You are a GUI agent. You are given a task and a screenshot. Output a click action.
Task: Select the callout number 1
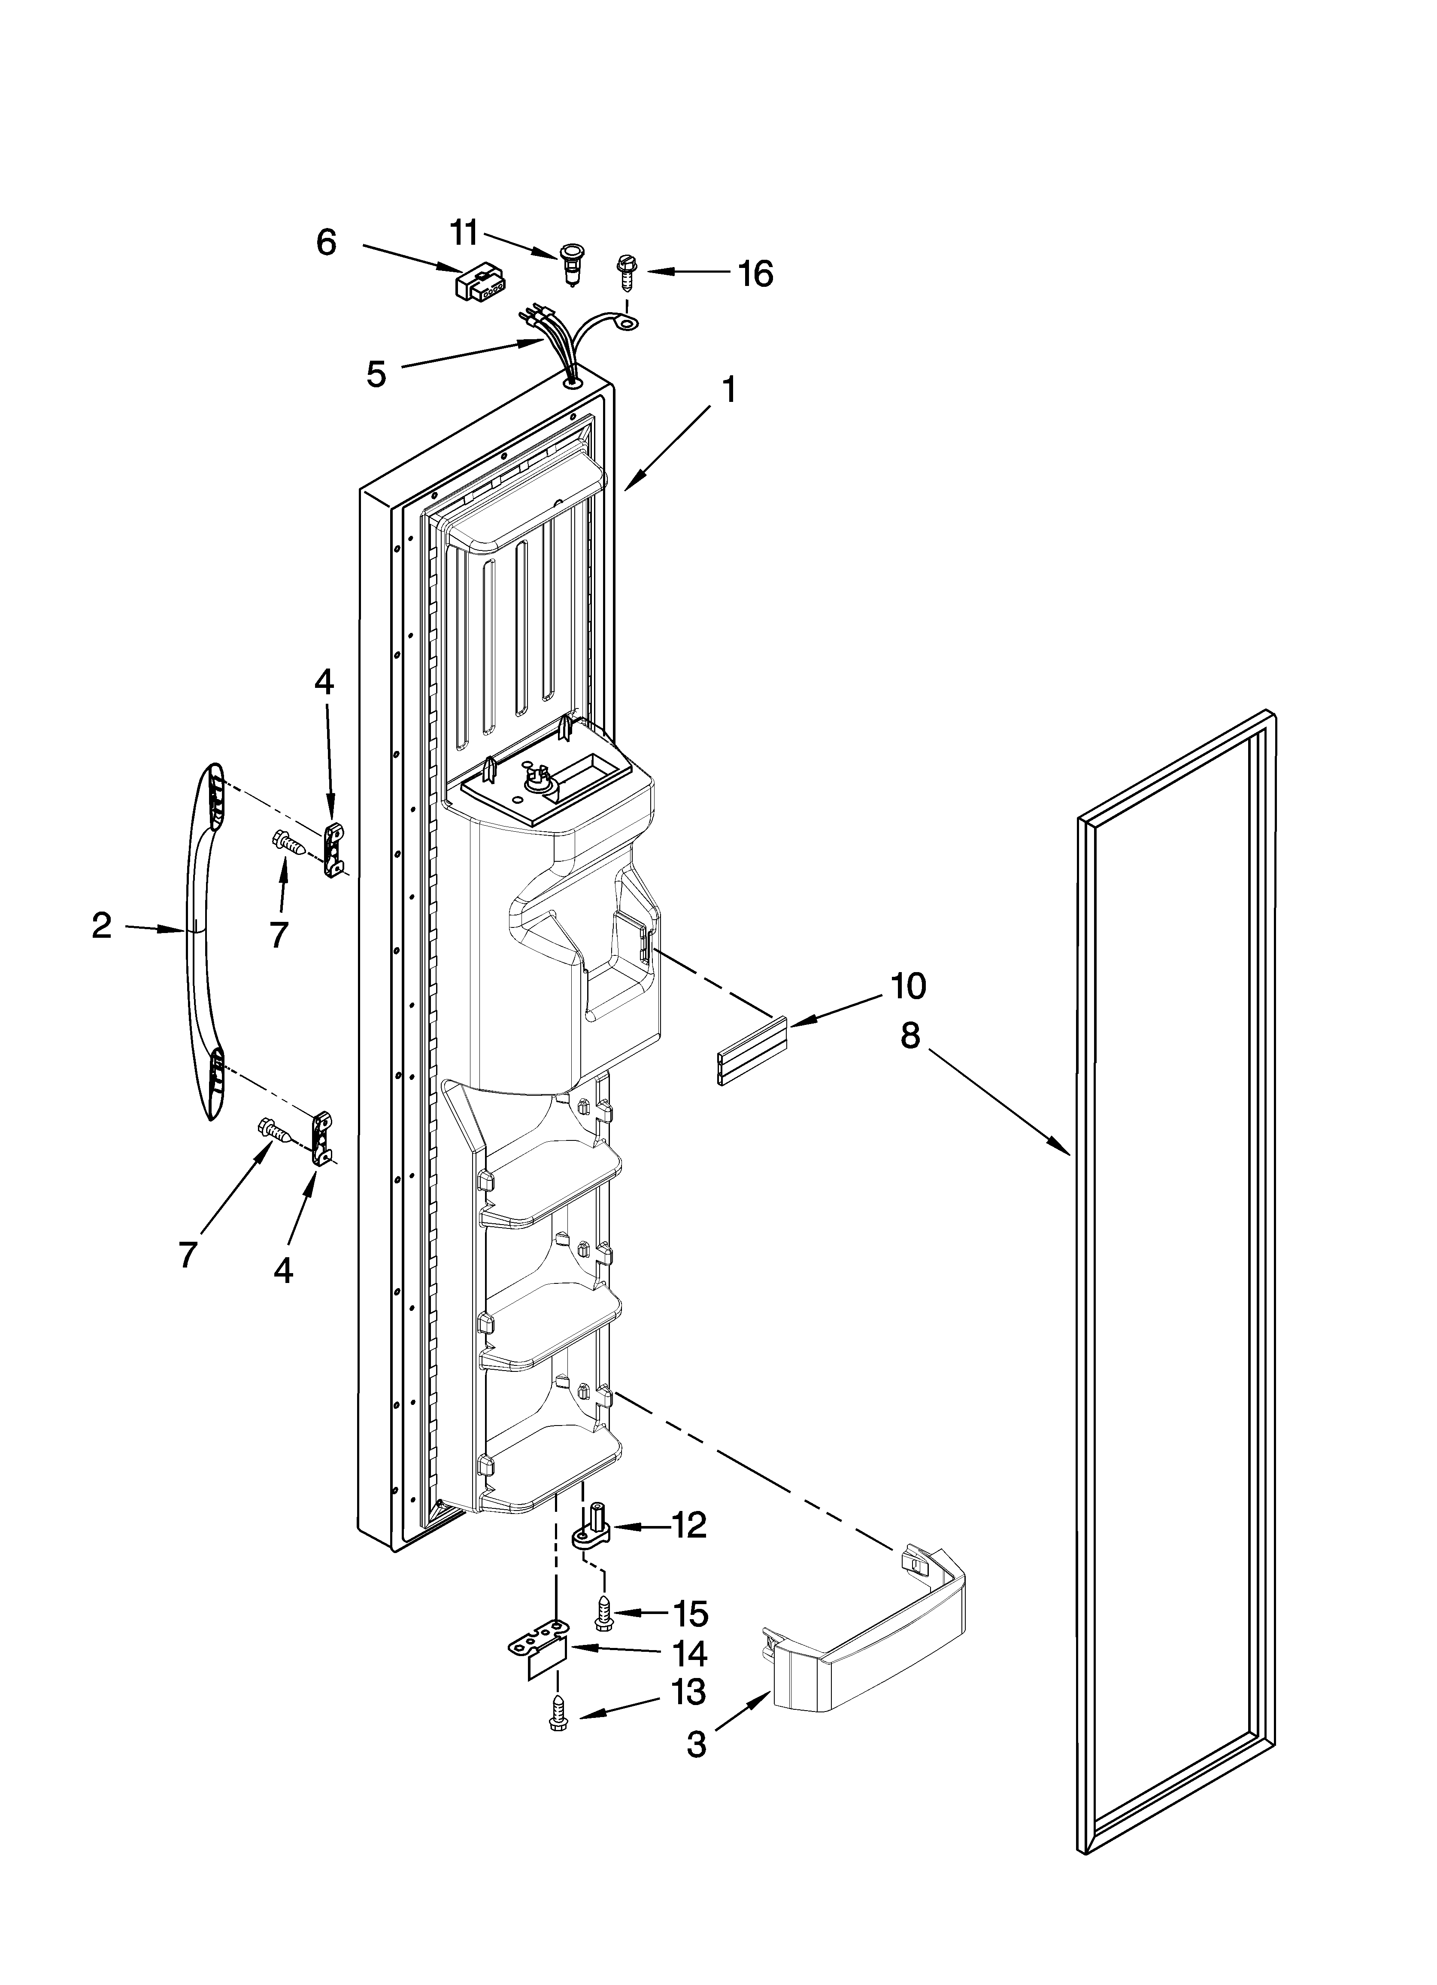[x=728, y=390]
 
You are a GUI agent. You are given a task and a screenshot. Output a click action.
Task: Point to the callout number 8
[x=910, y=1036]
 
